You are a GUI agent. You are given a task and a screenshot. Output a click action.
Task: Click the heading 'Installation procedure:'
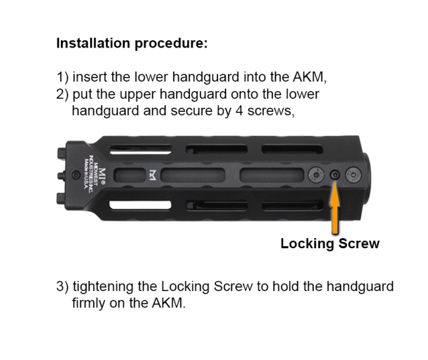[132, 44]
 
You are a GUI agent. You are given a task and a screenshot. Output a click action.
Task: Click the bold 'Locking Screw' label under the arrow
[330, 244]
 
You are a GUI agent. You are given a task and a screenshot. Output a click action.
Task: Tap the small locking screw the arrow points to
[335, 175]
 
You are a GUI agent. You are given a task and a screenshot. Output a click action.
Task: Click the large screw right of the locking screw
[352, 175]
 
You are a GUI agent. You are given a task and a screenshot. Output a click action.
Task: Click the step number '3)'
[63, 286]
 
